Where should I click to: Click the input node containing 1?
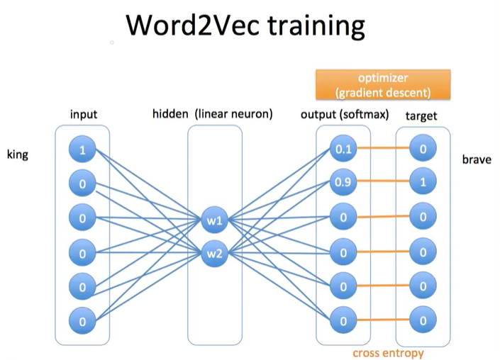click(82, 150)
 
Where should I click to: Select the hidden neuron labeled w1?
click(215, 220)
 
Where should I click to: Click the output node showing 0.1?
click(343, 150)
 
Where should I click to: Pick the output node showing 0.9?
click(343, 184)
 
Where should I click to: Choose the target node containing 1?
click(423, 184)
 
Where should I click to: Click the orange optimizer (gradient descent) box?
click(383, 84)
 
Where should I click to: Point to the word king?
click(18, 154)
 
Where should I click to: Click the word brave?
click(476, 159)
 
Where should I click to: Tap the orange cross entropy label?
click(388, 352)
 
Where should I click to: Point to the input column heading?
click(84, 114)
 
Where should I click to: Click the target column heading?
click(421, 115)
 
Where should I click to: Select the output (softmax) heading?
click(345, 114)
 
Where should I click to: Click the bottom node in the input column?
click(82, 321)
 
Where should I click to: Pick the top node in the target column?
click(423, 150)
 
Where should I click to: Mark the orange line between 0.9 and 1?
click(383, 184)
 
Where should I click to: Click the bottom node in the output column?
click(343, 321)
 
